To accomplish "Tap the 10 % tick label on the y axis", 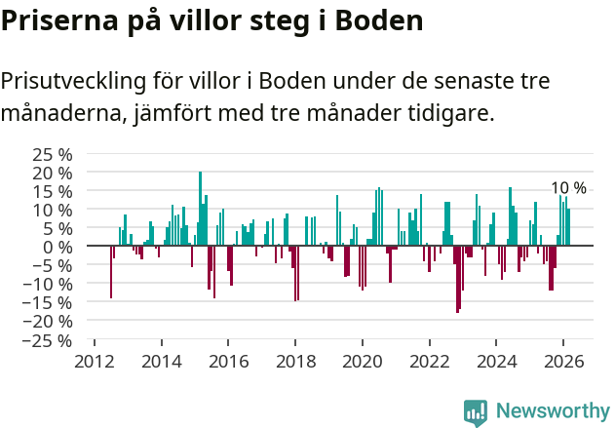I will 53,210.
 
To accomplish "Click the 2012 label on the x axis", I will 95,361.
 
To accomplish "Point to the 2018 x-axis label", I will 295,361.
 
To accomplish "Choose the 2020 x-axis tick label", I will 363,361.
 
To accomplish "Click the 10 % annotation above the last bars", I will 568,188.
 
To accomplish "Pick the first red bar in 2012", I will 111,272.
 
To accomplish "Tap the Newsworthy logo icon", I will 476,411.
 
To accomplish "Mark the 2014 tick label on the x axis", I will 162,361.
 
